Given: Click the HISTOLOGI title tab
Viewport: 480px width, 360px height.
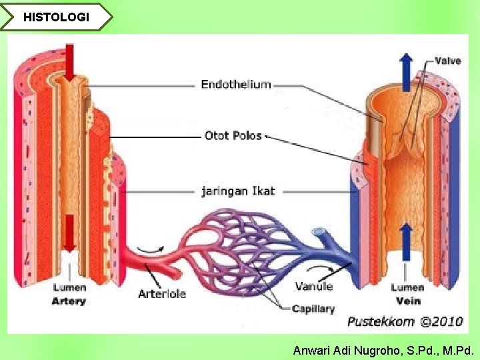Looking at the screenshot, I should click(56, 17).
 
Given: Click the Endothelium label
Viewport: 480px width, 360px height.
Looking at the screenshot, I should click(236, 85).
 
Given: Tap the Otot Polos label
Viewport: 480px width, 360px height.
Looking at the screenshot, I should click(233, 136).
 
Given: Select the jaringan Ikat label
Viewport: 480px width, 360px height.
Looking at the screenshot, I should click(238, 191).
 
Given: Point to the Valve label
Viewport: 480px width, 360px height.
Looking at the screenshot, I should click(447, 61).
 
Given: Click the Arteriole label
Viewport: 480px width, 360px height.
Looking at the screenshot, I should click(162, 293).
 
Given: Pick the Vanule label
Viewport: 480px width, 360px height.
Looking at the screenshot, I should click(313, 287).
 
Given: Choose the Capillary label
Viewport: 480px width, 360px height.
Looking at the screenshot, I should click(313, 309).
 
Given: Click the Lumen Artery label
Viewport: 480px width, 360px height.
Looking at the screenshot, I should click(69, 294).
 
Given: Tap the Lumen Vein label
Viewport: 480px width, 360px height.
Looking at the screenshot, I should click(407, 294).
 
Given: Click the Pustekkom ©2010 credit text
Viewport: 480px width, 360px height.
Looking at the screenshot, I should click(405, 321).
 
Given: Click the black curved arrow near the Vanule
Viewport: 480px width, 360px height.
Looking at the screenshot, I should click(325, 269).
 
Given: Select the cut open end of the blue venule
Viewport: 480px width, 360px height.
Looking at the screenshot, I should click(320, 233).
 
